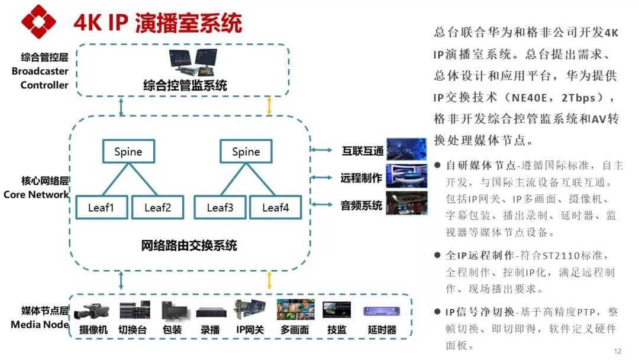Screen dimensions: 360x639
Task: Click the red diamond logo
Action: click(x=38, y=22)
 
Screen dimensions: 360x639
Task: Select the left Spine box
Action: click(x=128, y=152)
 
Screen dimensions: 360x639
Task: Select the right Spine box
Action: click(x=246, y=152)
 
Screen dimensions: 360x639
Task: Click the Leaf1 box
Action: click(x=101, y=207)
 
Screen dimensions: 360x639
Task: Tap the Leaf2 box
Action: click(x=157, y=207)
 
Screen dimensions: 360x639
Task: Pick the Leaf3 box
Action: click(x=220, y=207)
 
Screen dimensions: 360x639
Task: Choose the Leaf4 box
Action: click(x=275, y=207)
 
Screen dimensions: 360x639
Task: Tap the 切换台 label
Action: click(x=133, y=330)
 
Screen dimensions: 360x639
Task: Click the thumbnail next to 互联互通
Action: click(x=406, y=150)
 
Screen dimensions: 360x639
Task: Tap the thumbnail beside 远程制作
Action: click(x=406, y=176)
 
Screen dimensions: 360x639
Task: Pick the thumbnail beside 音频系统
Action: click(x=406, y=203)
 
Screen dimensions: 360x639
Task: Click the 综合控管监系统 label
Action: click(x=185, y=85)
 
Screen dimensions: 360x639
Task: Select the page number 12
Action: click(x=618, y=351)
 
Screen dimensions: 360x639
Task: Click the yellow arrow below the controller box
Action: click(x=270, y=106)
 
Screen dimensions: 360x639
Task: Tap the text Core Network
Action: click(x=36, y=194)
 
